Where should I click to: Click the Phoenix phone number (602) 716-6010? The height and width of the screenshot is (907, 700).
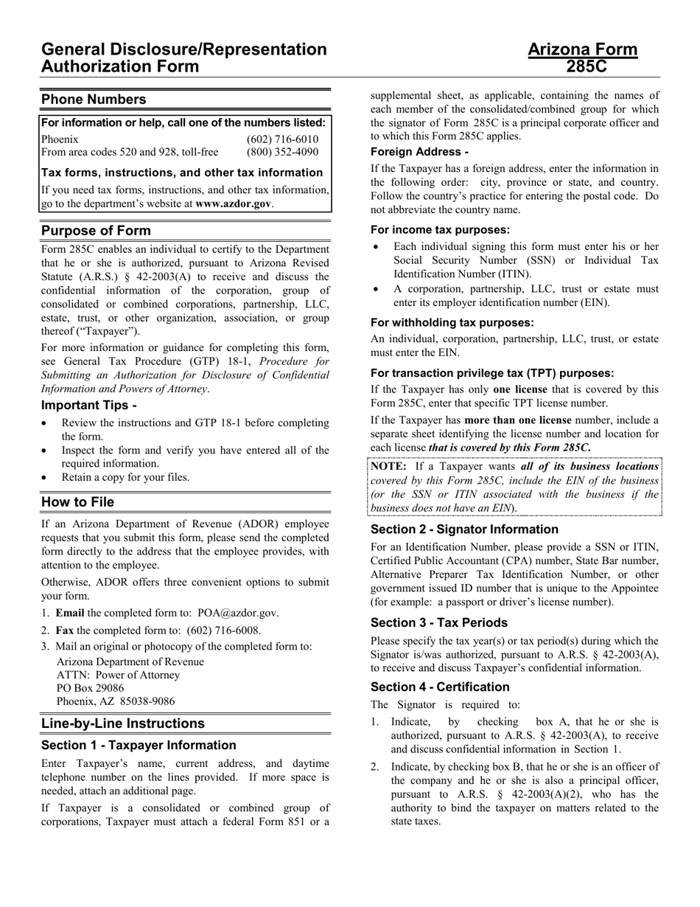click(282, 139)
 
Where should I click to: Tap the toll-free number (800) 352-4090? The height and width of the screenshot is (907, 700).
click(282, 153)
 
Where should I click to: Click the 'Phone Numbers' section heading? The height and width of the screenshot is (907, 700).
click(94, 100)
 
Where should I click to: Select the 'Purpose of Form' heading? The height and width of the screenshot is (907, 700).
click(96, 230)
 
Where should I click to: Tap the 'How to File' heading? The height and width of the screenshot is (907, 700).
click(77, 502)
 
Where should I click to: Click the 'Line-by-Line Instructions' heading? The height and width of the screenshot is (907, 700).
click(123, 723)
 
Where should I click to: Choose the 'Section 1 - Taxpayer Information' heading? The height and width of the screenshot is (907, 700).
click(139, 745)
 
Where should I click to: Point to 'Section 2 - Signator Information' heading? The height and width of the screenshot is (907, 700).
click(464, 529)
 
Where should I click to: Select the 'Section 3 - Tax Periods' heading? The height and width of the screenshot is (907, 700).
click(438, 622)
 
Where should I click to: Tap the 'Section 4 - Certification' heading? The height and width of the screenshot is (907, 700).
click(440, 687)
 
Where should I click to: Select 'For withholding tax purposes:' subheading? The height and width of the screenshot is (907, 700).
click(452, 322)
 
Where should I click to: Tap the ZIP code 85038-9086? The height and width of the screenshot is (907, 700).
click(145, 702)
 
